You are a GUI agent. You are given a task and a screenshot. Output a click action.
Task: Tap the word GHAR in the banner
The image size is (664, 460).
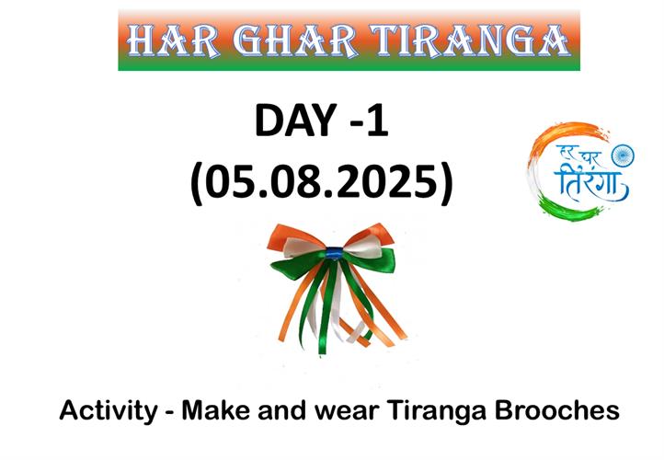click(294, 40)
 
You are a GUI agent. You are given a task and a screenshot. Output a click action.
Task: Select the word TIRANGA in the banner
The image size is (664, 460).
click(469, 40)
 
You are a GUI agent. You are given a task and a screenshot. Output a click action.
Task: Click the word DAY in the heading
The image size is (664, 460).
click(295, 121)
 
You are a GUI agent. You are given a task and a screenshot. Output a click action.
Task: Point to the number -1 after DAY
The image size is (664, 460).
click(370, 121)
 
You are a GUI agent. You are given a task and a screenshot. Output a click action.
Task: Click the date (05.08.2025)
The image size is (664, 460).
click(322, 181)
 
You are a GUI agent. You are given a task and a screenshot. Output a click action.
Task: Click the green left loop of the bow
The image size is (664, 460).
click(300, 266)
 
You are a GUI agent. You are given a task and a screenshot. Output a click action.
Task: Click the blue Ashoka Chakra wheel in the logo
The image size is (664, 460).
click(623, 155)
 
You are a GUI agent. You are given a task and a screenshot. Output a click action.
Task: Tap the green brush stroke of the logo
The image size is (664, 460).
click(568, 208)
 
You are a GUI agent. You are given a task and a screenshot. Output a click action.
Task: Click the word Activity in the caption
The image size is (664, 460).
click(109, 411)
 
